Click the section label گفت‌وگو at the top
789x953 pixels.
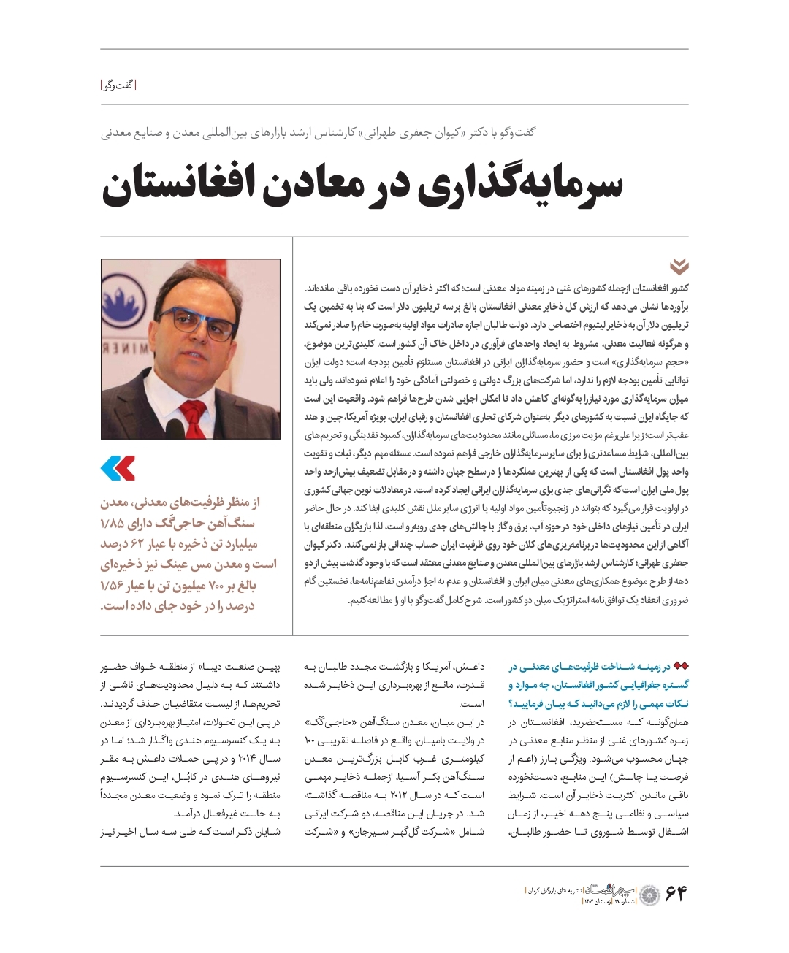pyautogui.click(x=118, y=85)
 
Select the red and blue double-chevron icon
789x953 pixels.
pyautogui.click(x=118, y=468)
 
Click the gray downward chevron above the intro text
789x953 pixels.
pyautogui.click(x=679, y=267)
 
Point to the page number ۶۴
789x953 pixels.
pyautogui.click(x=676, y=892)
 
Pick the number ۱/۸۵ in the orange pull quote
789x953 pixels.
pyautogui.click(x=113, y=524)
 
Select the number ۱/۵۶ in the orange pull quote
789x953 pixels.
pyautogui.click(x=113, y=586)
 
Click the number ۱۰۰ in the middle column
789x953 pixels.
pyautogui.click(x=310, y=741)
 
